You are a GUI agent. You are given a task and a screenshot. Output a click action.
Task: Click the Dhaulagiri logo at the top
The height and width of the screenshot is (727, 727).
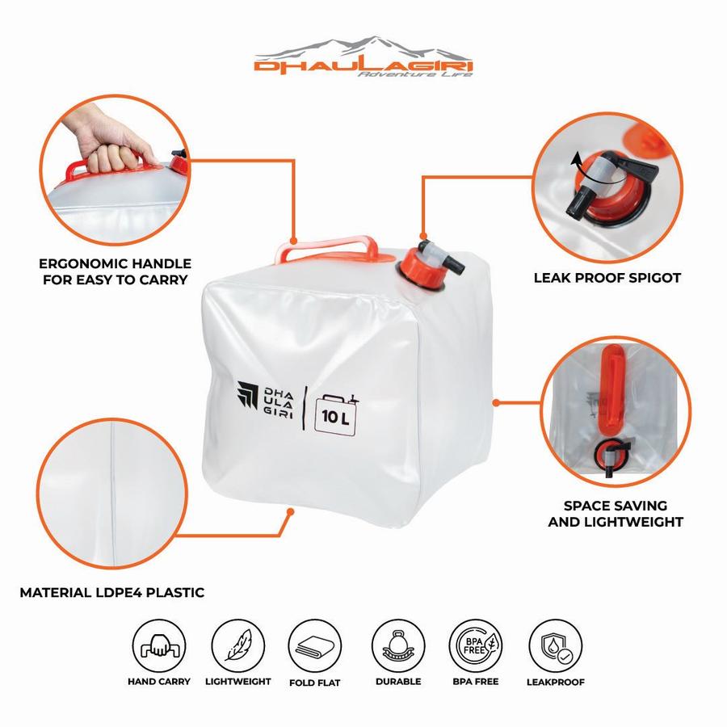pos(363,57)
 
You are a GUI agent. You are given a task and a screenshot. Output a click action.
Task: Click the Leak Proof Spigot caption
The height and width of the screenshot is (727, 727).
pos(607,278)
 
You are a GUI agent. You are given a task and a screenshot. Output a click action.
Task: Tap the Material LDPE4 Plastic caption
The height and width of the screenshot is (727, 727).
pos(111,593)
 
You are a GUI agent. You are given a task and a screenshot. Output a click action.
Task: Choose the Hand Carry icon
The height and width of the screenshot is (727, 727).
pos(159,646)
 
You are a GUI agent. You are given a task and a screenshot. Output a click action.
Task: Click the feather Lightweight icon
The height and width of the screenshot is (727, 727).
pos(237,646)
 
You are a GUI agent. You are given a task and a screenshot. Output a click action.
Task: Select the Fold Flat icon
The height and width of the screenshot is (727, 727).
pos(315,646)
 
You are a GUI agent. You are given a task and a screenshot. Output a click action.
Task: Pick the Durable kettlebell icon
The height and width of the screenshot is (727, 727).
pos(398,646)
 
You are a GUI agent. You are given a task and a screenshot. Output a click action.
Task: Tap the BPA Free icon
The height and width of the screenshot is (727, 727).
pos(476,646)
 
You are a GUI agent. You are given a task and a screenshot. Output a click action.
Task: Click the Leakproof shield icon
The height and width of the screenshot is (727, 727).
pos(556,646)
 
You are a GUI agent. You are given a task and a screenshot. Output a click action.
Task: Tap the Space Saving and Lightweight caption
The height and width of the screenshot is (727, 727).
pos(616,514)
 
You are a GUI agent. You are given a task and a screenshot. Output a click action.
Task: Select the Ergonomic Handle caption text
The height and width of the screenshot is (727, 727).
pos(115,271)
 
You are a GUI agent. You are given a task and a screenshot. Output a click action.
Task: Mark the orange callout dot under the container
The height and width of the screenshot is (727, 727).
pos(290,512)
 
